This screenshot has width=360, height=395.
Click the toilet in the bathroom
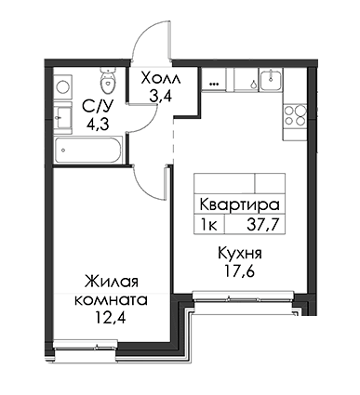click(x=108, y=81)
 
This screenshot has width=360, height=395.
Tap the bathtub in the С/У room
click(x=88, y=151)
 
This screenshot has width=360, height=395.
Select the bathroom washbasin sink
click(x=63, y=117)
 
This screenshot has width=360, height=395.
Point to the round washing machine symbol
click(x=63, y=86)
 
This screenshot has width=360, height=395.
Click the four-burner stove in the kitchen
click(x=295, y=115)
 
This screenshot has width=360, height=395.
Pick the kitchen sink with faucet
click(x=271, y=79)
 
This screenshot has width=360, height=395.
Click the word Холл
click(x=160, y=79)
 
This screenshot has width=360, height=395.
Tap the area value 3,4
click(x=160, y=97)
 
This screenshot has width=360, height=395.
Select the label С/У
click(x=97, y=107)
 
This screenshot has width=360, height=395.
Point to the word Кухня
click(x=240, y=254)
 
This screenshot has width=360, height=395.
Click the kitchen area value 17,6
click(x=240, y=271)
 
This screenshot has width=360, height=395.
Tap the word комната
click(x=112, y=300)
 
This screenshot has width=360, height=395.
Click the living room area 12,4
click(x=111, y=317)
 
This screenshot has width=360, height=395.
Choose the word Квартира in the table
click(x=239, y=205)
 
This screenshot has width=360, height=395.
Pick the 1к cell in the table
click(x=209, y=225)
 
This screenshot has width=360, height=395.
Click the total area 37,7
click(x=261, y=225)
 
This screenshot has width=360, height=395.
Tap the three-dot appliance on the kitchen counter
click(x=214, y=84)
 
